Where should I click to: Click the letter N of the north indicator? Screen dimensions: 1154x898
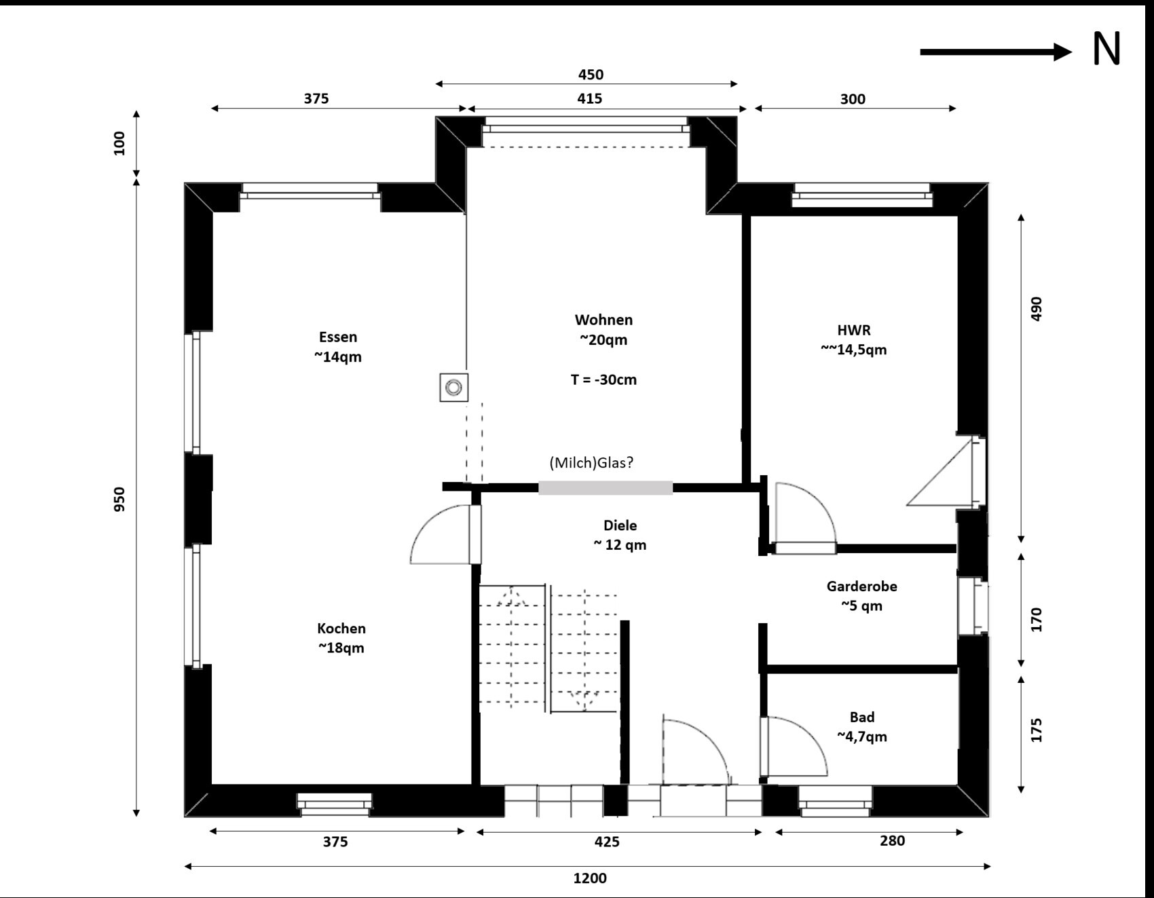pos(1106,49)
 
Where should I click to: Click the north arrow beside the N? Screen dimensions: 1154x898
pos(996,52)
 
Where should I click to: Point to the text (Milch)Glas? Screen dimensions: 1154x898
pos(591,462)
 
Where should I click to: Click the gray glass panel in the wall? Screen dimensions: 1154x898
pos(606,487)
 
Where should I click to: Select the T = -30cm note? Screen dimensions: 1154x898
pos(603,379)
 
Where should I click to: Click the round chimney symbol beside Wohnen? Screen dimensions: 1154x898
pos(453,388)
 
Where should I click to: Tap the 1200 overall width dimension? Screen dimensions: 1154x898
pos(590,878)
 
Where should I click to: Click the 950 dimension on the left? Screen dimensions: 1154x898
pos(119,499)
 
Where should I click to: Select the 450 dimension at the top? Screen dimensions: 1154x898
pos(591,74)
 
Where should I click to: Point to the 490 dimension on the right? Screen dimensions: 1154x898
pos(1036,309)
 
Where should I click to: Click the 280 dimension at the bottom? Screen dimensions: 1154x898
pos(892,840)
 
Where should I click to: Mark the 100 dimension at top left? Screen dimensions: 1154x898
pos(119,144)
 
